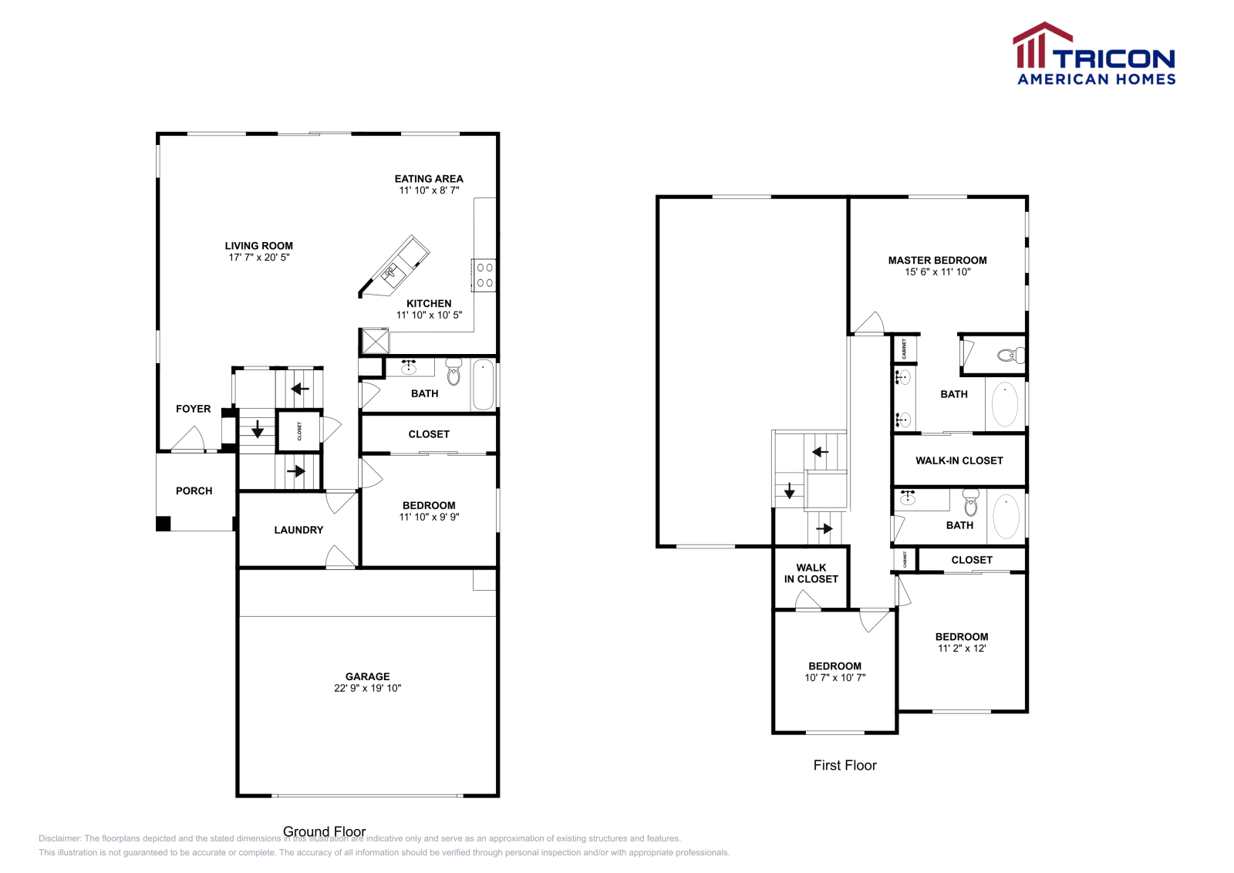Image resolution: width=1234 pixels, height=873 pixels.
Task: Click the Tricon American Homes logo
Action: pyautogui.click(x=1094, y=54)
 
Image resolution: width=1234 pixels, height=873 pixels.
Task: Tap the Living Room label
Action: pyautogui.click(x=258, y=246)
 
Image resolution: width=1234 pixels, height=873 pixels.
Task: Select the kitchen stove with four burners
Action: pyautogui.click(x=484, y=275)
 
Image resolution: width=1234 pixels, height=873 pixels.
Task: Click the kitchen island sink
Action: pyautogui.click(x=392, y=271)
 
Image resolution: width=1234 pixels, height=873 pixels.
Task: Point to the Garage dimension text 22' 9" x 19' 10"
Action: pyautogui.click(x=367, y=688)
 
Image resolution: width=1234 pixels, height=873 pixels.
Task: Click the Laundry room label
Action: pyautogui.click(x=298, y=530)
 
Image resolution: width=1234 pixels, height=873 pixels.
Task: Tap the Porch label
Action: pyautogui.click(x=194, y=490)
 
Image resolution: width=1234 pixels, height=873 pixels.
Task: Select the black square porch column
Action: pyautogui.click(x=163, y=524)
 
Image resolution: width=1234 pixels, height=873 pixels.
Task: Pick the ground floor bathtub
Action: pyautogui.click(x=483, y=384)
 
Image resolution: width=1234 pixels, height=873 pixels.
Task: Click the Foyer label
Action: pyautogui.click(x=193, y=409)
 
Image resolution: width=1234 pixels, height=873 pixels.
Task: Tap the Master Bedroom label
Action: pyautogui.click(x=937, y=261)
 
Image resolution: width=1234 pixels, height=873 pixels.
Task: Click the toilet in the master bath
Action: pyautogui.click(x=1010, y=356)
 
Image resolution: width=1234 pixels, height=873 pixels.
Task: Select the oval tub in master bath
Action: pyautogui.click(x=1004, y=404)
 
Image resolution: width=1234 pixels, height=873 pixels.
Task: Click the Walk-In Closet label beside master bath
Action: pyautogui.click(x=959, y=460)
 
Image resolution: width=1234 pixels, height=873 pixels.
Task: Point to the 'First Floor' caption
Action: pyautogui.click(x=845, y=765)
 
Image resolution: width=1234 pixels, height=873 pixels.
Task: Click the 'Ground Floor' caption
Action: pyautogui.click(x=324, y=831)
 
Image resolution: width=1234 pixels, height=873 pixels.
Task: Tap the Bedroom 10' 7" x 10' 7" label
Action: pyautogui.click(x=834, y=666)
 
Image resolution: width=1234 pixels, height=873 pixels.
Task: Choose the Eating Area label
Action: pyautogui.click(x=429, y=179)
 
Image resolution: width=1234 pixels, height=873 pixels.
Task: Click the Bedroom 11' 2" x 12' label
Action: pyautogui.click(x=961, y=637)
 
